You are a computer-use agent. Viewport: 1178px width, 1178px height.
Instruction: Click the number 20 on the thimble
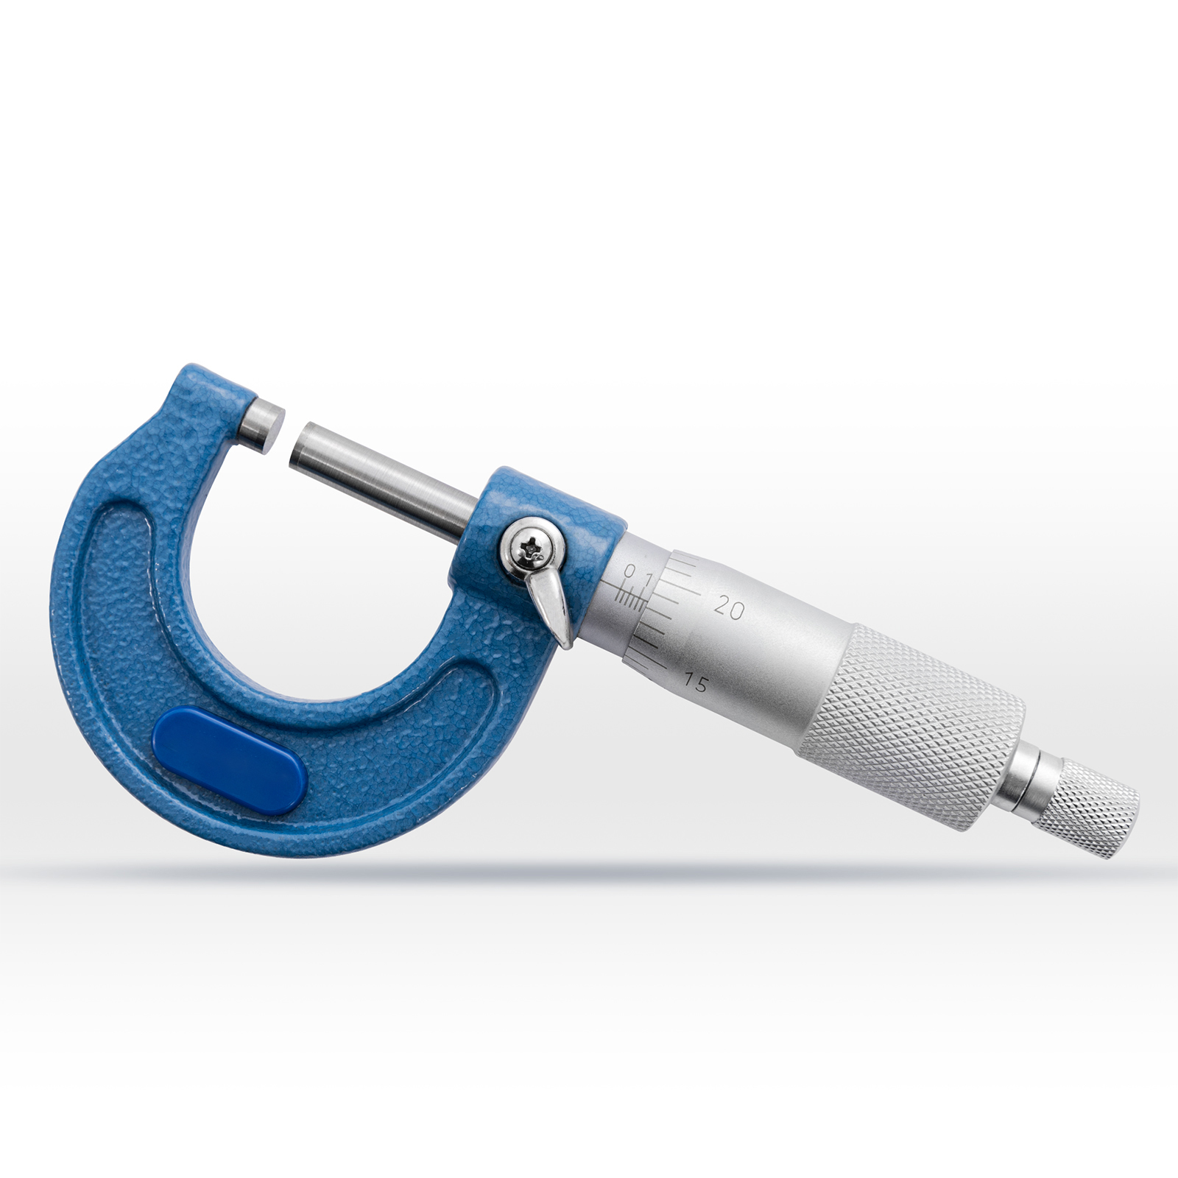coord(730,608)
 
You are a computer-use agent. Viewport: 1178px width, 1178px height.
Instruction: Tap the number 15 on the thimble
coord(695,683)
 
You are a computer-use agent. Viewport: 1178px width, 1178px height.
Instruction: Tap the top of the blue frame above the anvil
coord(214,379)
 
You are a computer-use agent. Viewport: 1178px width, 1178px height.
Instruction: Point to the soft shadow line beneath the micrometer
coord(589,873)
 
